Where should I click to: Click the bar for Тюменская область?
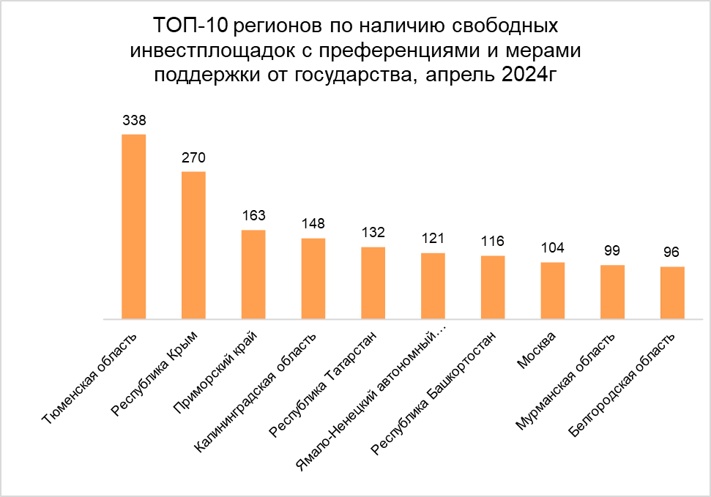coord(133,227)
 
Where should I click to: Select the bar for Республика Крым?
coord(193,245)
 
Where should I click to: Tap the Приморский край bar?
coord(253,274)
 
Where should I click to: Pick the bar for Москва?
coord(553,291)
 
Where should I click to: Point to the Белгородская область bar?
coord(672,293)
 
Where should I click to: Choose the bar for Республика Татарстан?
coord(373,283)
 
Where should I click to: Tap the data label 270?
coord(193,157)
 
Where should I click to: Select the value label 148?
coord(313,223)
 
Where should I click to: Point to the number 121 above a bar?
coord(433,238)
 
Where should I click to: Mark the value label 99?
coord(612,250)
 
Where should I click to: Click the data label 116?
coord(493,241)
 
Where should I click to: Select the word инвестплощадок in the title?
coord(197,51)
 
